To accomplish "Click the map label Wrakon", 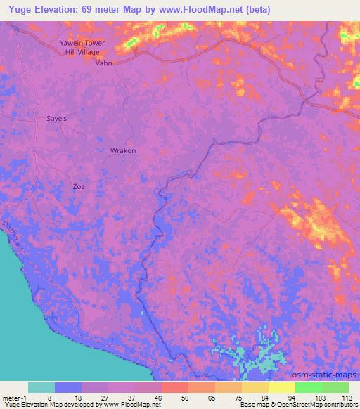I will (x=123, y=150).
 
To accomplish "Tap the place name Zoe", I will (x=79, y=186).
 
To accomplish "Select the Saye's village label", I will (x=56, y=119).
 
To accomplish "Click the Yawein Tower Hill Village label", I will (x=82, y=47).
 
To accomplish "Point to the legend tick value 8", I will (x=50, y=397).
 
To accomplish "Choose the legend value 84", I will (x=266, y=397).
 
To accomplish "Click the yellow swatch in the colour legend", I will (x=281, y=387).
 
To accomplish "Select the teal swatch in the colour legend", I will (x=41, y=387).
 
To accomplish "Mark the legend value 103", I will (x=320, y=397).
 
